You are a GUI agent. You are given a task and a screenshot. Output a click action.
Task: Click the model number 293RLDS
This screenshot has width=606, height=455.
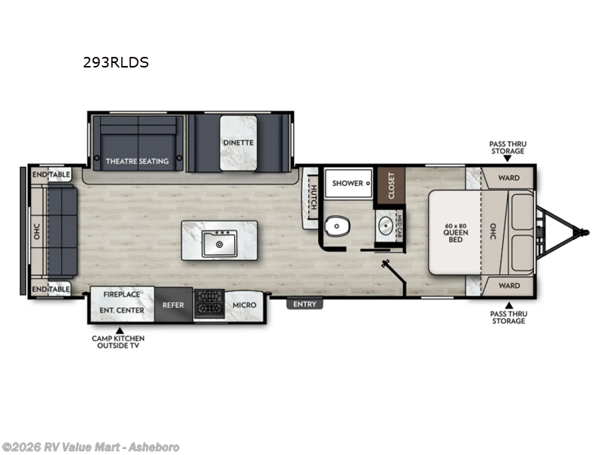pyautogui.click(x=116, y=63)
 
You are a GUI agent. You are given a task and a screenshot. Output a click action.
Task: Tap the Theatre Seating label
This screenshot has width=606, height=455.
pyautogui.click(x=136, y=161)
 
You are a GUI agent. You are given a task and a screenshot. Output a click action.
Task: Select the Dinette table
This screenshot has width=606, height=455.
pyautogui.click(x=238, y=143)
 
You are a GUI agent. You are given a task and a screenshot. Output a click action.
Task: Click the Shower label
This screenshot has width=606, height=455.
pyautogui.click(x=348, y=183)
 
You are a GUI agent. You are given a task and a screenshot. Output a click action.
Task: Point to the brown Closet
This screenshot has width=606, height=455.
pyautogui.click(x=391, y=186)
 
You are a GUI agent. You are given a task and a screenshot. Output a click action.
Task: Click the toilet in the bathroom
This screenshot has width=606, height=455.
pyautogui.click(x=336, y=227)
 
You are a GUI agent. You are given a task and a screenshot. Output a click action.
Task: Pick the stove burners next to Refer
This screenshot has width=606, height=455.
pyautogui.click(x=208, y=306)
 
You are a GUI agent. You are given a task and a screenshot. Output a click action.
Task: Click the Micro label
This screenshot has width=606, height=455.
pyautogui.click(x=244, y=305)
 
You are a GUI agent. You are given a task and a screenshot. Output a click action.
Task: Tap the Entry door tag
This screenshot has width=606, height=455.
pyautogui.click(x=305, y=304)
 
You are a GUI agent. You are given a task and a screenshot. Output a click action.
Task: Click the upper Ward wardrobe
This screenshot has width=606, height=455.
pyautogui.click(x=508, y=178)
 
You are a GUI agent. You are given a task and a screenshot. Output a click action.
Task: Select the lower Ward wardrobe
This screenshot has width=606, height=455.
pyautogui.click(x=508, y=286)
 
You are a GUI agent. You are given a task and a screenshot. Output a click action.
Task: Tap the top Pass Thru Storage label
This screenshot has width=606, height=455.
pyautogui.click(x=507, y=147)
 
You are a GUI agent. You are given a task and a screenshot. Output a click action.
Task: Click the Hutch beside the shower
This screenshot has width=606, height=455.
pyautogui.click(x=309, y=196)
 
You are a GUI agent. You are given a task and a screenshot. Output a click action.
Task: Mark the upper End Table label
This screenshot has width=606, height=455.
pyautogui.click(x=52, y=175)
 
